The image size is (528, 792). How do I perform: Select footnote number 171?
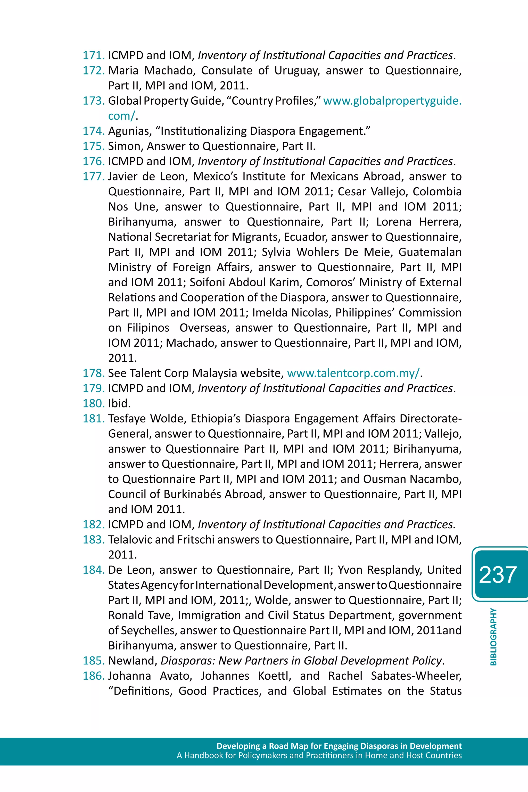(94, 55)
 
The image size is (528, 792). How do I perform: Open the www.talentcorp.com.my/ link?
(353, 373)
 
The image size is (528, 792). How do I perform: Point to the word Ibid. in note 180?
(119, 403)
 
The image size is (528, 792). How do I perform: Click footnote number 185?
(94, 661)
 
